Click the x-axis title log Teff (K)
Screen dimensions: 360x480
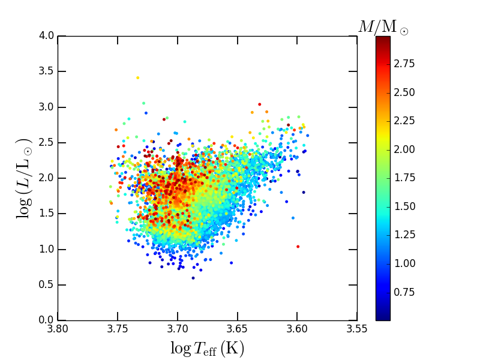(x=207, y=348)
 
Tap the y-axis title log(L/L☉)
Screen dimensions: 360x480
(x=25, y=178)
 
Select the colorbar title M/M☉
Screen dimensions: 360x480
(x=383, y=27)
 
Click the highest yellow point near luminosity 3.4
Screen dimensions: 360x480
(x=137, y=77)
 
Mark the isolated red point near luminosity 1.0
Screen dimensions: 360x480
(x=298, y=247)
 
